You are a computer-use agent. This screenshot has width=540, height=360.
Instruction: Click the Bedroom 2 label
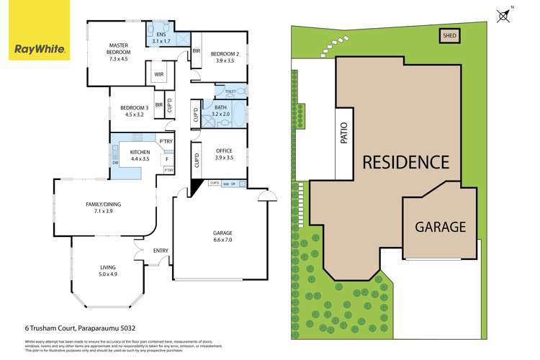[224, 58]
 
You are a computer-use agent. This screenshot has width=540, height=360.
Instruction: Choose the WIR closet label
[158, 73]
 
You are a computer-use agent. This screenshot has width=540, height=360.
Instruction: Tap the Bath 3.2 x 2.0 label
[220, 111]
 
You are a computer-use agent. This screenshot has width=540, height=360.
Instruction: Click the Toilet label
[230, 91]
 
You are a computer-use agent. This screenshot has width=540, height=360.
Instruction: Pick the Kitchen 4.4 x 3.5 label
[139, 156]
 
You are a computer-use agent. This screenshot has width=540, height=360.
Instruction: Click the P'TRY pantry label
[166, 141]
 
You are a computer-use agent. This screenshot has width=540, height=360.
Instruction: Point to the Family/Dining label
[104, 208]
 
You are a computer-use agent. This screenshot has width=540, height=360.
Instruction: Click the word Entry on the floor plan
[160, 251]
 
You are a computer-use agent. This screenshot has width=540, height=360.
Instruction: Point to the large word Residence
[405, 161]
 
